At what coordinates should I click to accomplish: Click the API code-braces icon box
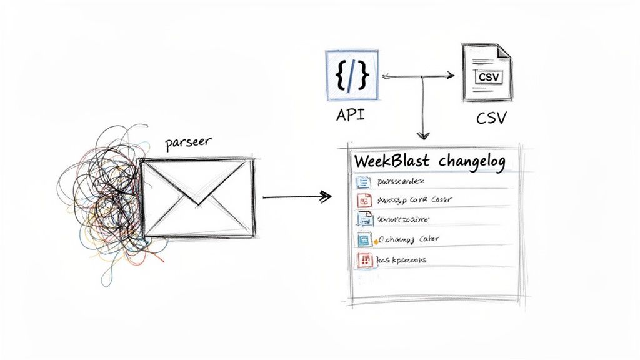352,74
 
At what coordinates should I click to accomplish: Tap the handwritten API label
351,116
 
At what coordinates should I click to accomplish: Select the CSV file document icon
486,72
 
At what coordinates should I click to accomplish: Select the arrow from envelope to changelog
296,197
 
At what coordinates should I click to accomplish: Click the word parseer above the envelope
188,142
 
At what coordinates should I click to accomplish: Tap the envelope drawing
198,197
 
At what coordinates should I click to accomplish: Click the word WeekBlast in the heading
391,161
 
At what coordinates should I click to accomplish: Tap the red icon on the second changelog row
364,201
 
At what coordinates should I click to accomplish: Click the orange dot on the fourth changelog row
376,239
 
